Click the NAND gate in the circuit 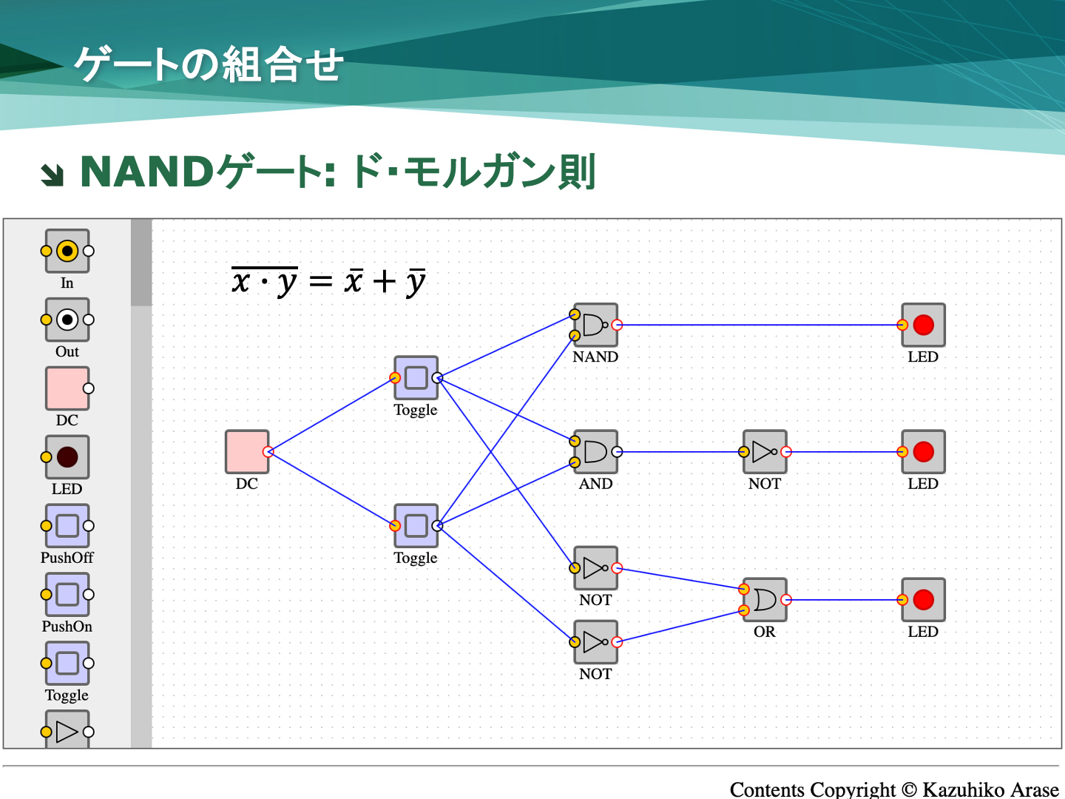595,325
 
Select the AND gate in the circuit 595,452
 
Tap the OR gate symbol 765,600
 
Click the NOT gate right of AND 765,452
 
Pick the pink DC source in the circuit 246,452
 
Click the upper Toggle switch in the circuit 416,378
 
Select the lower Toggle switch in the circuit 416,526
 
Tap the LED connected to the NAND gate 923,325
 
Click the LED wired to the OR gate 923,600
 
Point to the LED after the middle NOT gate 923,452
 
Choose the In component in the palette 67,251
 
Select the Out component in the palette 67,320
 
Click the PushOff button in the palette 67,526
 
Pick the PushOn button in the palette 67,595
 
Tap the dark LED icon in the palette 67,457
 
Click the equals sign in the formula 320,282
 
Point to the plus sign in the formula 384,282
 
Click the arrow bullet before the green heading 53,175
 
